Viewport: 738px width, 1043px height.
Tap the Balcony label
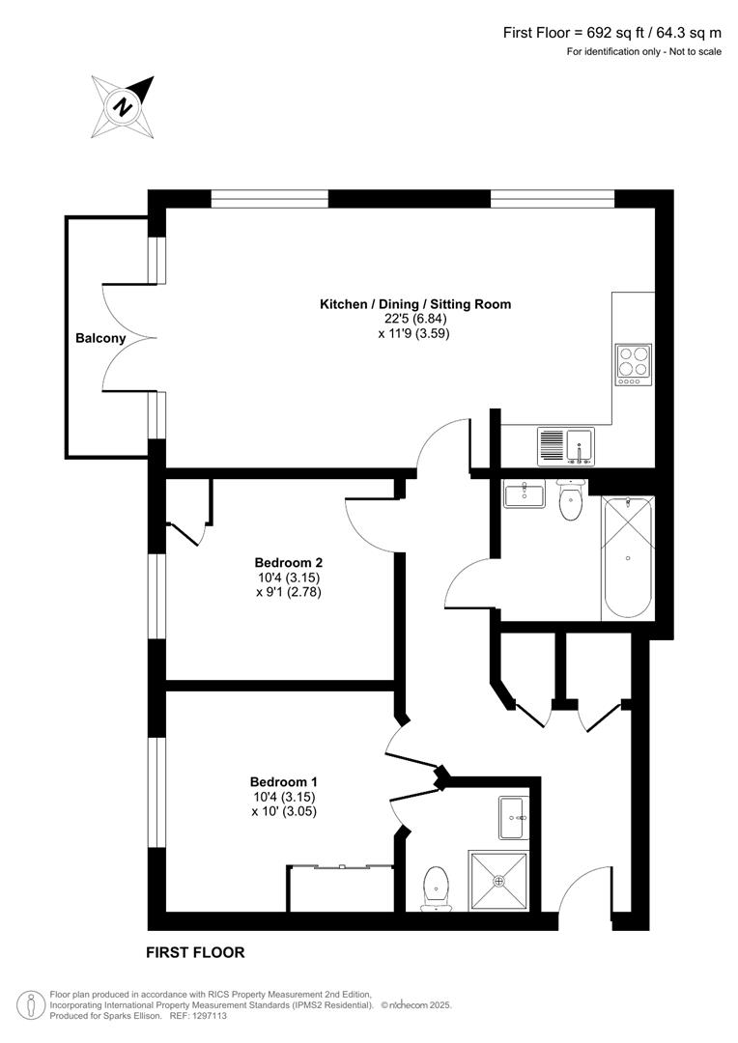click(100, 338)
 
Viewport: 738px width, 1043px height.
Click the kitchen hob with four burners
click(633, 364)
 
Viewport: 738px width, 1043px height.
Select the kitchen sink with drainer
click(566, 446)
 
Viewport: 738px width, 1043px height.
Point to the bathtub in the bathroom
click(628, 558)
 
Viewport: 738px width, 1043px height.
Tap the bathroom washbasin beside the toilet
click(525, 494)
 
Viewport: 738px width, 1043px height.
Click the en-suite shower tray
click(498, 881)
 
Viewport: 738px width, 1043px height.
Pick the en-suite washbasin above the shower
click(512, 818)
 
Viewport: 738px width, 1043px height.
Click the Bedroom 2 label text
click(288, 563)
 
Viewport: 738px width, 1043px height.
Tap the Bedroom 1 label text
click(283, 782)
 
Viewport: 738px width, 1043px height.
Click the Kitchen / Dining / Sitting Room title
click(415, 304)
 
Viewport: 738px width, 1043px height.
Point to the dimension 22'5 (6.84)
click(415, 319)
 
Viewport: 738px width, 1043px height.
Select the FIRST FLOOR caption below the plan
click(195, 952)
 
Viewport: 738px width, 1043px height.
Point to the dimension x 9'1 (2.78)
click(288, 592)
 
